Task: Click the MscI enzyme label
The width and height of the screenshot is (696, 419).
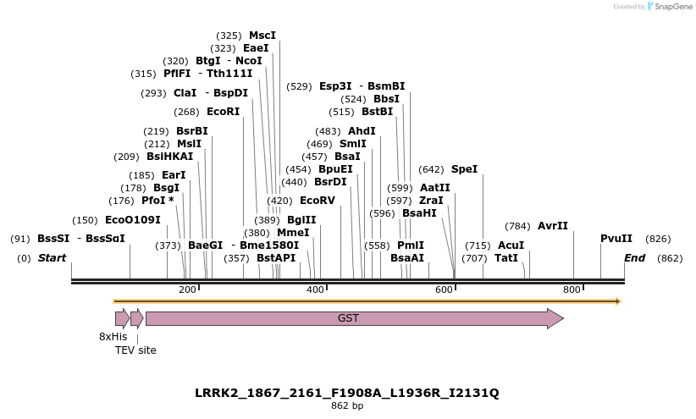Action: click(x=262, y=36)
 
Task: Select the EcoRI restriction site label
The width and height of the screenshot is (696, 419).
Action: click(x=223, y=112)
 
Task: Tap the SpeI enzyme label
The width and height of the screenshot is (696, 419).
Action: click(x=464, y=169)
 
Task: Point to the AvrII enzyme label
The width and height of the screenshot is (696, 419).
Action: click(x=553, y=226)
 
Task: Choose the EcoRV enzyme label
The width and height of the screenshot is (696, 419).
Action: click(x=318, y=201)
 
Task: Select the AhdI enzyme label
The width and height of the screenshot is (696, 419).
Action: click(x=362, y=131)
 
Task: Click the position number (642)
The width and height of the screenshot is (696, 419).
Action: click(x=431, y=169)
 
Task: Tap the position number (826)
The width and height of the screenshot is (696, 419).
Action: click(x=658, y=239)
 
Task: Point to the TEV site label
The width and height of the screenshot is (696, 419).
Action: click(x=135, y=350)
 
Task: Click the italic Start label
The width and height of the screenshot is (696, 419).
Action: click(x=52, y=258)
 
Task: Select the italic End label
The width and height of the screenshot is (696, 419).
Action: click(x=634, y=258)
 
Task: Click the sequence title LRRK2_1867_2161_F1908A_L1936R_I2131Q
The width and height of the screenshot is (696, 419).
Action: click(x=347, y=393)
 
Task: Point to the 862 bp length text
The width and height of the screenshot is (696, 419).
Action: click(x=347, y=406)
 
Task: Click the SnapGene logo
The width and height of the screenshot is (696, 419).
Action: click(x=670, y=7)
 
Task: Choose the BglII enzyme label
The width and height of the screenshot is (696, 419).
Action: click(x=301, y=220)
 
